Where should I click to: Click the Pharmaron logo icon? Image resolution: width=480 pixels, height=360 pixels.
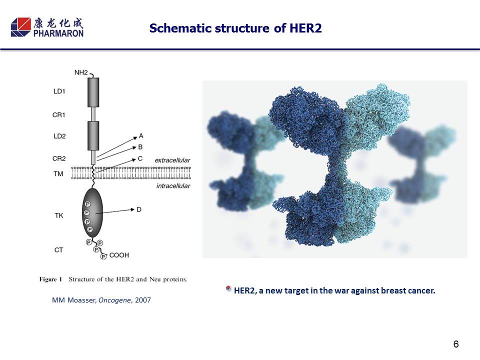pos(21,27)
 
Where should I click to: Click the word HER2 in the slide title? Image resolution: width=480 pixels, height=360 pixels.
pos(305,28)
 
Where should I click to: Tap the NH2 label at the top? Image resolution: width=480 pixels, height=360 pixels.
pos(81,72)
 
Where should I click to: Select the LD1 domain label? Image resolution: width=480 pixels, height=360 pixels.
pos(59,91)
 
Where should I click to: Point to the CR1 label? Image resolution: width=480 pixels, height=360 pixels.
pos(59,115)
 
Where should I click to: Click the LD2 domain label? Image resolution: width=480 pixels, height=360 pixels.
pos(59,136)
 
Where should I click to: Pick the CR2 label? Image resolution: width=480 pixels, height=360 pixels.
pos(59,158)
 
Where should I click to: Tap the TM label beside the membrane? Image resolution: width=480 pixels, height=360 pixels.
pos(58,174)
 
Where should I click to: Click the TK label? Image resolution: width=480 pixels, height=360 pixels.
pos(59,215)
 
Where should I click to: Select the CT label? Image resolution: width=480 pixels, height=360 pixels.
pos(58,250)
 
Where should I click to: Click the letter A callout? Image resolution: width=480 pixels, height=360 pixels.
pos(141,135)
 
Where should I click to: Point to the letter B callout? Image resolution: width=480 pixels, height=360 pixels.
pos(140,147)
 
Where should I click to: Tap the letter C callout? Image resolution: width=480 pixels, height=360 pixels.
pos(140,158)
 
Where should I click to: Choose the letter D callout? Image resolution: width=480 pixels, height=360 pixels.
pos(139,209)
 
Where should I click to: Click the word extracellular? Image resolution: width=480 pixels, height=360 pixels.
pos(172,160)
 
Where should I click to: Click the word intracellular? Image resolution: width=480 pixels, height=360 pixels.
pos(173,186)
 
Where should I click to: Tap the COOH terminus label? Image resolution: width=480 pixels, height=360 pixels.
pos(119,255)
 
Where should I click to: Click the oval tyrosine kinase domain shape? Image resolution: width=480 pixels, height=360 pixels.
pos(92,213)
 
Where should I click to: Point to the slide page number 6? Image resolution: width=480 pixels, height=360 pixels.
pos(456,344)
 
